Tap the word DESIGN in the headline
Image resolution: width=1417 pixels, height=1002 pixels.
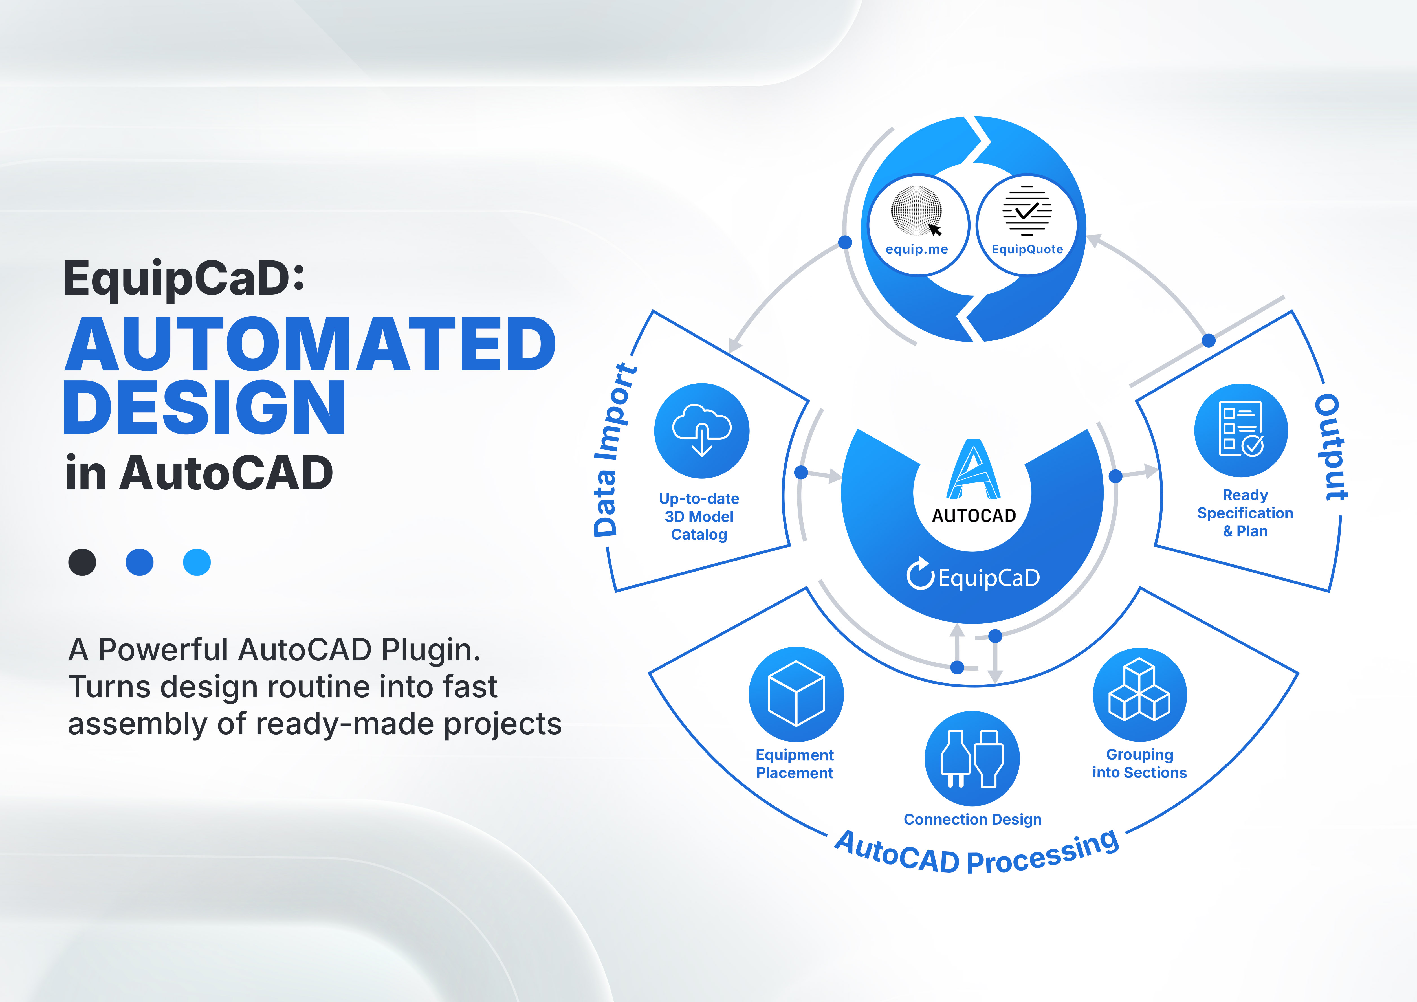click(204, 407)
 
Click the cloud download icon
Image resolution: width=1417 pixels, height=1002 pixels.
click(702, 430)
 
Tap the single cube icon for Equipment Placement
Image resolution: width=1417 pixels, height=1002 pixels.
click(796, 694)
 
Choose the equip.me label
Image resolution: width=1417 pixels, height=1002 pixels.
click(916, 249)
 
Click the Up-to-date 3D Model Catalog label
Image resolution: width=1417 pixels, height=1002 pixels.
click(699, 517)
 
